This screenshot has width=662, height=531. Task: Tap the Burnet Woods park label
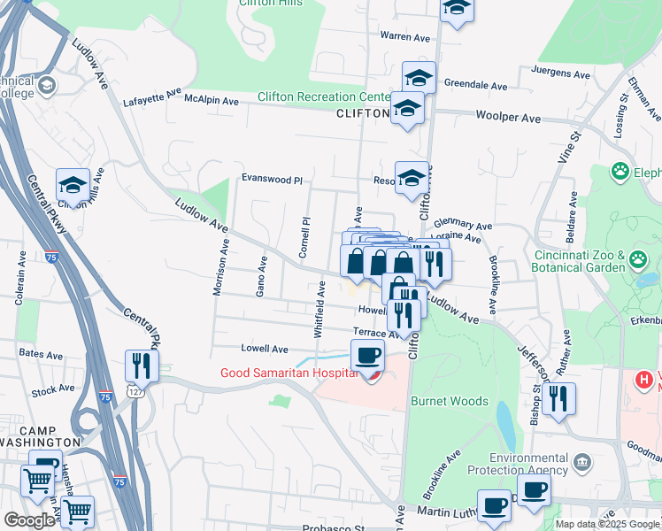tap(449, 401)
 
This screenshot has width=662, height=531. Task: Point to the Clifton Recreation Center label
tap(323, 96)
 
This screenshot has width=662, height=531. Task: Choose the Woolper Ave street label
tap(507, 117)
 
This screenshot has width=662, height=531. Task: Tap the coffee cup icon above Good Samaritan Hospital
tap(367, 356)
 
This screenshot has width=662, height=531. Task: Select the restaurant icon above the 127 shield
tap(142, 364)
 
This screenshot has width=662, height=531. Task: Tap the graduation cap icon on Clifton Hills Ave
tap(73, 185)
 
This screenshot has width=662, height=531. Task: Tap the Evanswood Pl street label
tap(272, 180)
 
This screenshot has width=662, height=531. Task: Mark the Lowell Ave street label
tap(265, 349)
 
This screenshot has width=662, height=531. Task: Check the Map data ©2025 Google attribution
tap(607, 524)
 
